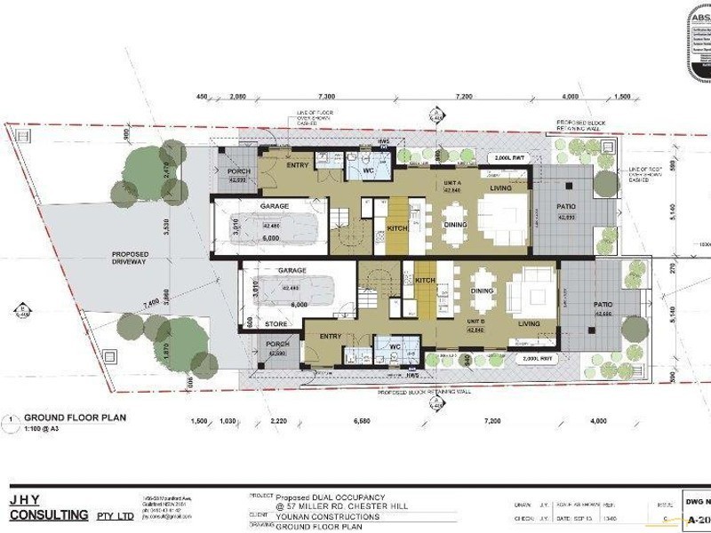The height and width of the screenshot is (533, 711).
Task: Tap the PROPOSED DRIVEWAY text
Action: [x=130, y=259]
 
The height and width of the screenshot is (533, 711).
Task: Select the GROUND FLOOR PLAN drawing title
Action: [x=75, y=417]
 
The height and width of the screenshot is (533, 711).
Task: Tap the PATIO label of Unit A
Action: [x=566, y=206]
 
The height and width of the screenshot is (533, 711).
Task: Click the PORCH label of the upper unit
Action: [x=239, y=171]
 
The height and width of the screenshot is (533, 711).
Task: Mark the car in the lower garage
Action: [x=293, y=288]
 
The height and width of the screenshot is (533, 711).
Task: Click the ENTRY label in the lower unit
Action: [x=331, y=336]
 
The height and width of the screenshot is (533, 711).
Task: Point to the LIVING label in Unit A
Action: [x=500, y=187]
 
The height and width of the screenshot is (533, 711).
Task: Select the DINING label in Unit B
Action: [x=483, y=291]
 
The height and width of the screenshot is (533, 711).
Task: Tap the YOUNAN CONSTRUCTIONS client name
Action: [x=327, y=516]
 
